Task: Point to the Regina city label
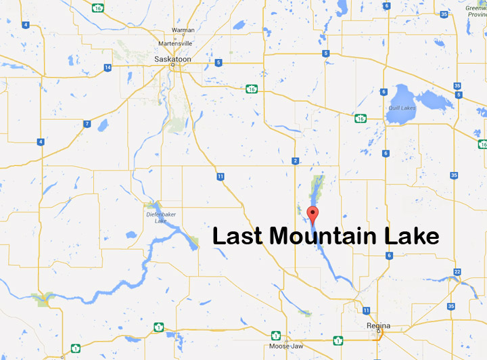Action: pyautogui.click(x=378, y=325)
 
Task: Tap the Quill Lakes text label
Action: pyautogui.click(x=402, y=108)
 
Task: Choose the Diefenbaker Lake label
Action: pyautogui.click(x=156, y=217)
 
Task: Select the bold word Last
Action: pyautogui.click(x=238, y=237)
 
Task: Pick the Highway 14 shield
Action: pyautogui.click(x=108, y=67)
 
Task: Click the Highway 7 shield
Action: pyautogui.click(x=87, y=124)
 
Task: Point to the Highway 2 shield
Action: pyautogui.click(x=296, y=160)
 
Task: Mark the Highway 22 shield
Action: pyautogui.click(x=457, y=271)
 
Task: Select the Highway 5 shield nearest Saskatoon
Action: pyautogui.click(x=218, y=63)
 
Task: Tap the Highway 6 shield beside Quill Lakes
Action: pyautogui.click(x=383, y=92)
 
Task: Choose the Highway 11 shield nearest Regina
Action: pyautogui.click(x=366, y=310)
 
